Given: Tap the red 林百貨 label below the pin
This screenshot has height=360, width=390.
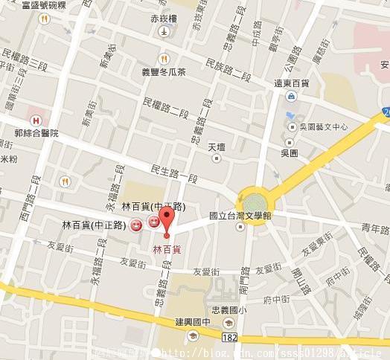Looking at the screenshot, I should pyautogui.click(x=167, y=249).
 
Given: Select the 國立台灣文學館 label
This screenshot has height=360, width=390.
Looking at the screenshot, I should pyautogui.click(x=240, y=216).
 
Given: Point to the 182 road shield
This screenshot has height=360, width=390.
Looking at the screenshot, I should pyautogui.click(x=230, y=338).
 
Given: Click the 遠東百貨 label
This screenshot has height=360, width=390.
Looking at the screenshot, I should pyautogui.click(x=292, y=83).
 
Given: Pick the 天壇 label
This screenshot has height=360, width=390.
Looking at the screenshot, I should pyautogui.click(x=217, y=147).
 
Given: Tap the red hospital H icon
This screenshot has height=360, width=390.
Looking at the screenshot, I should pyautogui.click(x=33, y=118).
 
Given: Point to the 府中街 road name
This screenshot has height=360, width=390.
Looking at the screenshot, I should pyautogui.click(x=276, y=300).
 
